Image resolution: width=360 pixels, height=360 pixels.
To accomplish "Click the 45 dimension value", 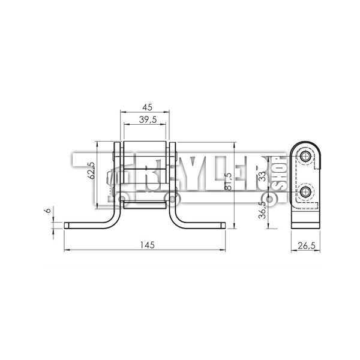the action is click(x=147, y=107).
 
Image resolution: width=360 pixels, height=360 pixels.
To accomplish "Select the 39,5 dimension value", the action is click(x=148, y=119).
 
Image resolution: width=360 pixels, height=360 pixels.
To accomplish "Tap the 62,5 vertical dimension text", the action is click(x=91, y=170).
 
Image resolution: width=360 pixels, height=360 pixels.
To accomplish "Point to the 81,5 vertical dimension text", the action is click(x=228, y=181).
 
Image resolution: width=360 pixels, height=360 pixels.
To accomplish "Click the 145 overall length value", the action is click(x=148, y=245).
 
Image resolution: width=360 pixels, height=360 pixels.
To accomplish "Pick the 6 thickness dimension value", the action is click(x=48, y=211).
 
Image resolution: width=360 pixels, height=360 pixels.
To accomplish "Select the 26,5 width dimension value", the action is click(x=307, y=245).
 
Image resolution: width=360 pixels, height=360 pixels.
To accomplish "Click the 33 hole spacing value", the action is click(x=262, y=176).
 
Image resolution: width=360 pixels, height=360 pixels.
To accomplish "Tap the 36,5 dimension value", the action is click(x=262, y=210).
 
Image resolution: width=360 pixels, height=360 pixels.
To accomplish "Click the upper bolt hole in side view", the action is click(x=305, y=157).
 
